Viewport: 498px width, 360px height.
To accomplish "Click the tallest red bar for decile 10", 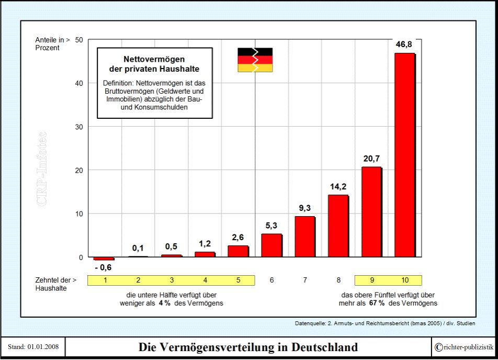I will (x=404, y=155).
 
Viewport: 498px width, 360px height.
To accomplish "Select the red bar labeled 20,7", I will (x=371, y=212).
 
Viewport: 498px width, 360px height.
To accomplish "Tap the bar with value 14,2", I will (x=338, y=226).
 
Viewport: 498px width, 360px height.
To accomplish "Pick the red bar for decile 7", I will (x=305, y=237).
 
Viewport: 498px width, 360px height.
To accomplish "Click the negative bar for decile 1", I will (x=104, y=258).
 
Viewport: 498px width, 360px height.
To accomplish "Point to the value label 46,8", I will (x=404, y=44).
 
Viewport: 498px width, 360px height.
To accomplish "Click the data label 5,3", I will (x=271, y=226).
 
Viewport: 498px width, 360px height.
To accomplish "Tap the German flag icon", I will (x=255, y=60).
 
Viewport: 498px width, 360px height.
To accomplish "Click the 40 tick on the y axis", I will (x=79, y=83).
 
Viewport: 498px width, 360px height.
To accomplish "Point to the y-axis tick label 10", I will (x=79, y=213).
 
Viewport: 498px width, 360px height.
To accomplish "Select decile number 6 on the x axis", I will (x=272, y=280).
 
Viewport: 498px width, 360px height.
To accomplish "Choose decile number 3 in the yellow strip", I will (x=172, y=280).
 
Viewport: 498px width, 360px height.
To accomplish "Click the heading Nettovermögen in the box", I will (x=154, y=59).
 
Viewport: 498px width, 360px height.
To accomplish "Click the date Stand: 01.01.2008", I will (x=32, y=347).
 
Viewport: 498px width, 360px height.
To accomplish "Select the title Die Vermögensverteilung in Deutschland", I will (x=248, y=347).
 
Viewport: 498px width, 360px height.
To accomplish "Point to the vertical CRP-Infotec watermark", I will (x=42, y=168).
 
